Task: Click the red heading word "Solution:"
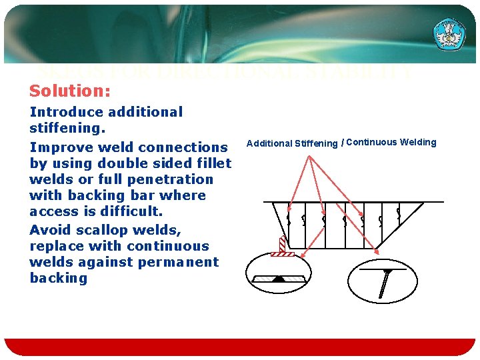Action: [x=70, y=90]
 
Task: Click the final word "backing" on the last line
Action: [x=59, y=277]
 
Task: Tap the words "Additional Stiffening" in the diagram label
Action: [x=292, y=143]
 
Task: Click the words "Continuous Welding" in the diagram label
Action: [x=391, y=142]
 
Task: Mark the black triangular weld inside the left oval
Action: [x=279, y=279]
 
